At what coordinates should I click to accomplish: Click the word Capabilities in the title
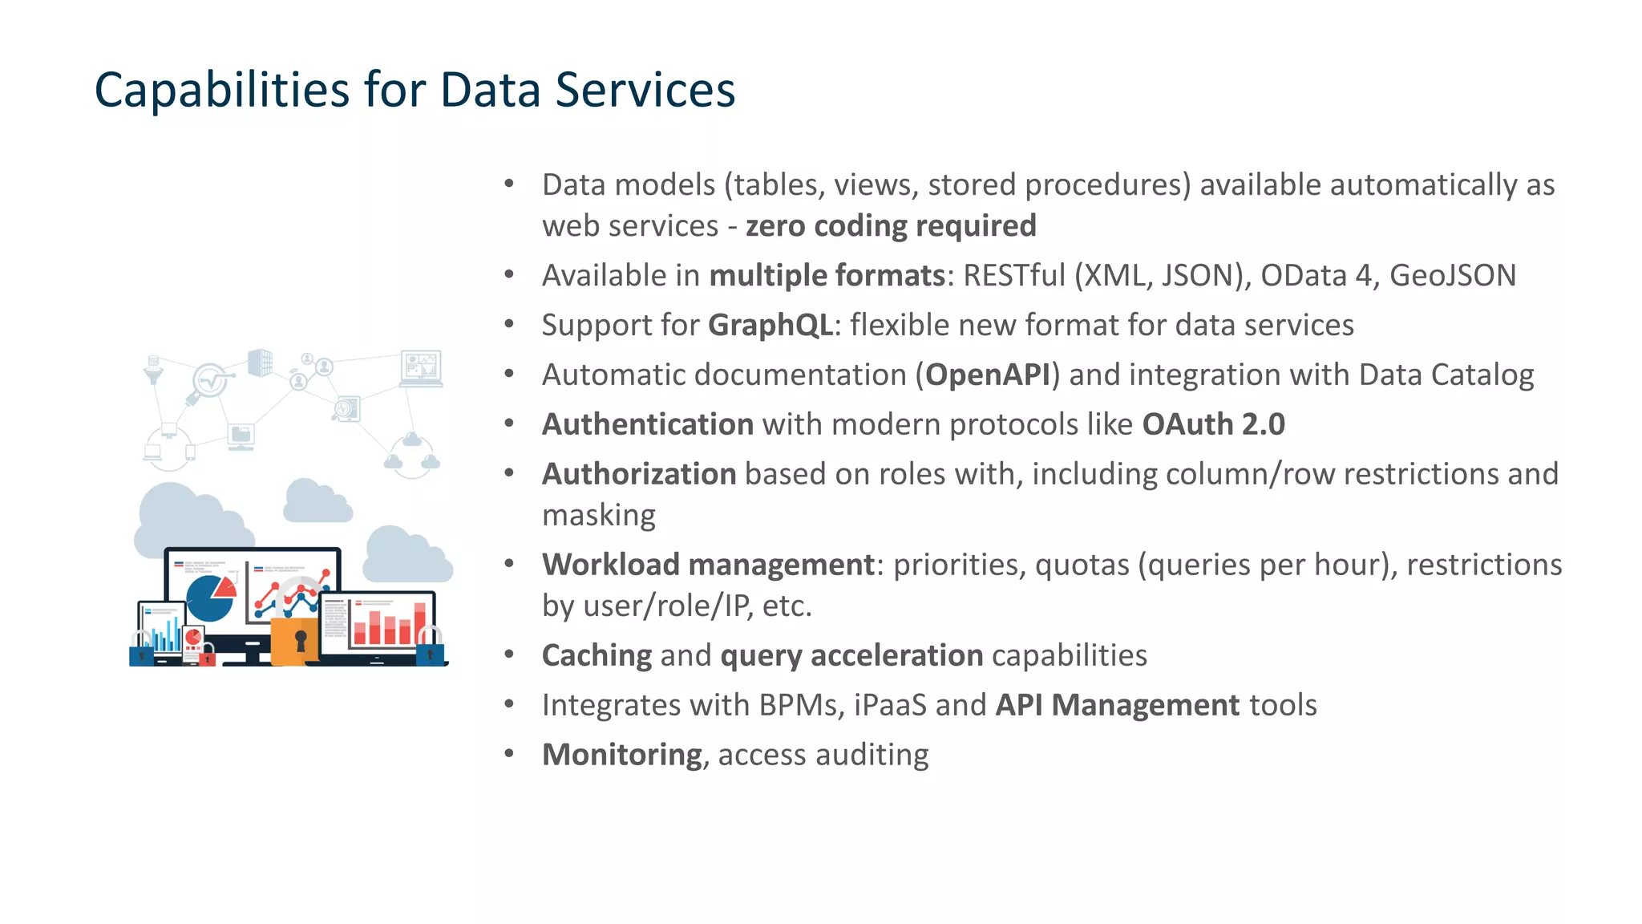[x=222, y=90]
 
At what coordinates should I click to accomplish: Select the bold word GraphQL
[x=770, y=326]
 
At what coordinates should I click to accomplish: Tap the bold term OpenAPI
[x=988, y=375]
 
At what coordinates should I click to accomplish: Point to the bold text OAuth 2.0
[x=1213, y=424]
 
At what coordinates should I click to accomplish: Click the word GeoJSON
[x=1452, y=276]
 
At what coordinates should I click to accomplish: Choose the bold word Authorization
[x=639, y=474]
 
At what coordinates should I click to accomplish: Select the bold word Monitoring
[x=622, y=755]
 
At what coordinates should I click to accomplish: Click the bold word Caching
[x=597, y=655]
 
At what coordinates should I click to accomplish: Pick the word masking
[x=599, y=515]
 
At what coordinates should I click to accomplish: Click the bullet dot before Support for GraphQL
[x=509, y=324]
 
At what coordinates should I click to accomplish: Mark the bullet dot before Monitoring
[x=509, y=754]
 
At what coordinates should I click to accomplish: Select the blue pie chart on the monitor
[x=210, y=598]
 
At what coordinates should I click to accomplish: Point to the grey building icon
[x=261, y=363]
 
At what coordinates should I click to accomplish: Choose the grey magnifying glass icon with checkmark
[x=208, y=382]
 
